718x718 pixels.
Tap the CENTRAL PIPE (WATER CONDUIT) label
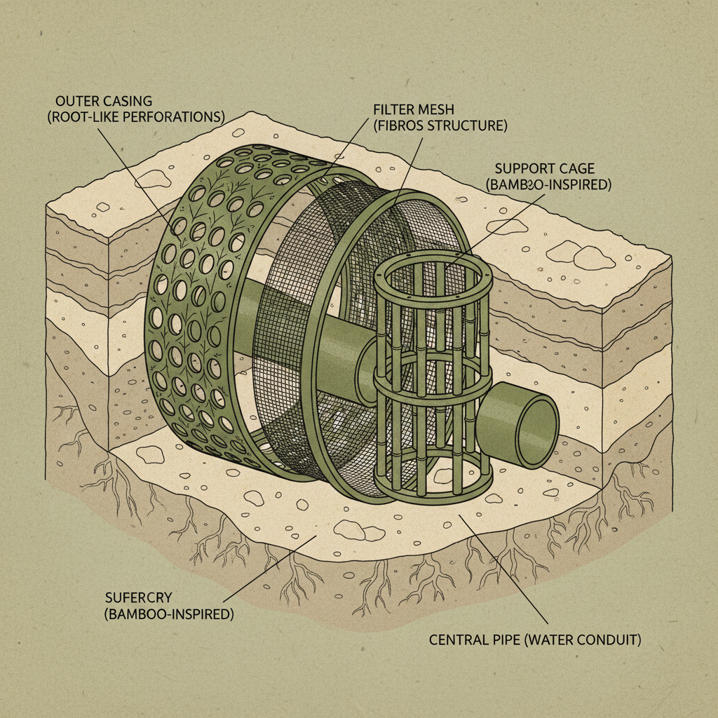coord(536,640)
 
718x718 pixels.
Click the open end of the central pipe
coord(536,430)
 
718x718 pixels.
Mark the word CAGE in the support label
coord(577,169)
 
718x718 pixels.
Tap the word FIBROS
coord(405,127)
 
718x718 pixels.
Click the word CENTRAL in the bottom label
coord(458,640)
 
